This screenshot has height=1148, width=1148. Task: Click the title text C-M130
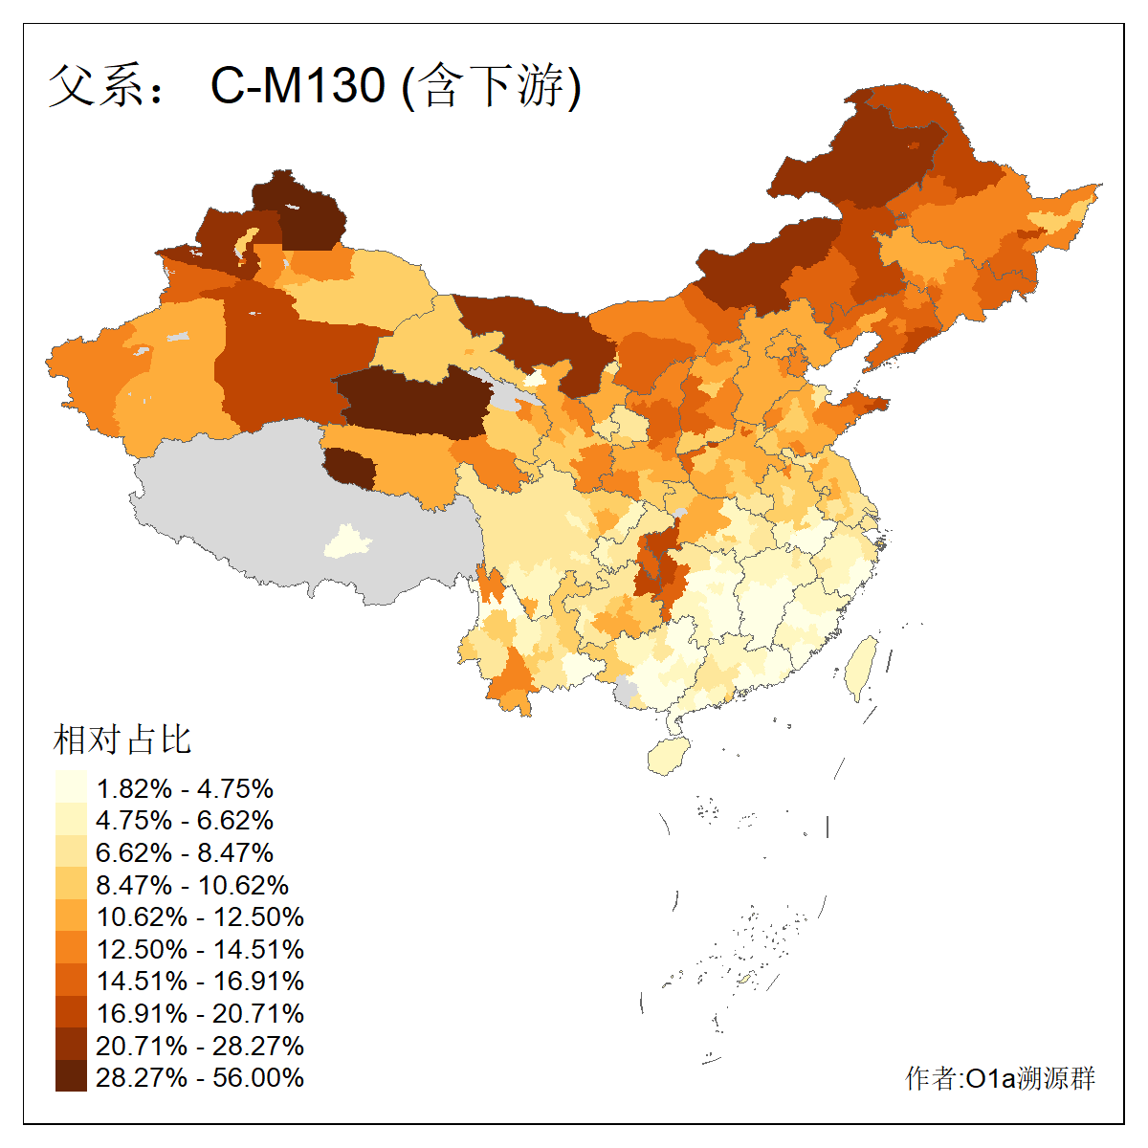click(x=298, y=86)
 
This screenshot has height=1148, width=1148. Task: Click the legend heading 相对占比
click(x=122, y=740)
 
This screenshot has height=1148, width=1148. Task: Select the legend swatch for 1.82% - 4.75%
click(x=71, y=788)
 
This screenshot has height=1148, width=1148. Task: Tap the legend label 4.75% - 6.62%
click(x=185, y=821)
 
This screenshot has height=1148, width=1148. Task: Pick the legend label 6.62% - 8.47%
click(x=185, y=852)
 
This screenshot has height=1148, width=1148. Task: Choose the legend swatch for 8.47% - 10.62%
click(x=71, y=885)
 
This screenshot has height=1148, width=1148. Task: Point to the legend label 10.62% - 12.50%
click(x=200, y=916)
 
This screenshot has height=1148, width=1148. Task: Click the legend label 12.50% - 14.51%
click(x=200, y=949)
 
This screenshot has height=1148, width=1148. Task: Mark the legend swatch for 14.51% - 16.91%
click(x=71, y=981)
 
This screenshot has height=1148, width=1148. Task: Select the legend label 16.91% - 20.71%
click(x=200, y=1013)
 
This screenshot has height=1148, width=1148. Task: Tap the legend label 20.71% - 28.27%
click(x=200, y=1046)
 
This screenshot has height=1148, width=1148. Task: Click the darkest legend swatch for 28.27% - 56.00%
click(x=71, y=1077)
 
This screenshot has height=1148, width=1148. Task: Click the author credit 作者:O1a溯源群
click(x=1000, y=1078)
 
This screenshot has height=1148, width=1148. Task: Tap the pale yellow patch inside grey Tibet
click(x=348, y=541)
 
